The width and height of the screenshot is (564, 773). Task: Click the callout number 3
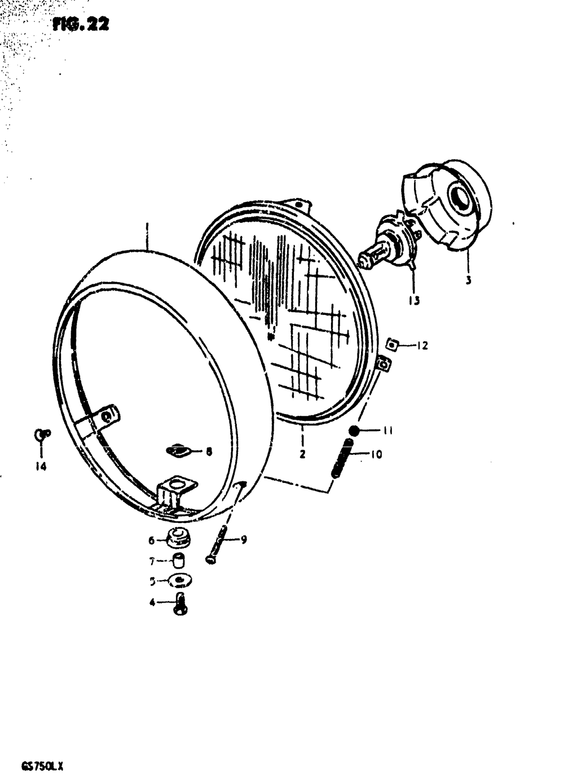(468, 279)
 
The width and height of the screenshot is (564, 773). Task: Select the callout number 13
(415, 300)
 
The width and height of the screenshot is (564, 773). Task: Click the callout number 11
(387, 431)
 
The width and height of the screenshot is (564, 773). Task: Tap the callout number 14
(41, 467)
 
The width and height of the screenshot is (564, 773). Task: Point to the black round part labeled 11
(354, 432)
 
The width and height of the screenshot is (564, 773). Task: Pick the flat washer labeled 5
(179, 581)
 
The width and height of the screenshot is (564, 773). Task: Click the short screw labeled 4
(182, 604)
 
